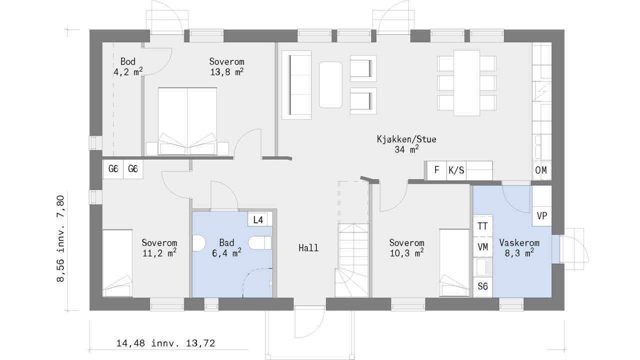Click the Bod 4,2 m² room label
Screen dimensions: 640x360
128,67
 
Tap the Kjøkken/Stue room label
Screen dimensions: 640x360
406,144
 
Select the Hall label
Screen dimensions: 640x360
308,247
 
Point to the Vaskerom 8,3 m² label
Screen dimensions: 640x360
519,247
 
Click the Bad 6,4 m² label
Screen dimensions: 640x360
226,247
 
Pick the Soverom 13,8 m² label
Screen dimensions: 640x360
226,67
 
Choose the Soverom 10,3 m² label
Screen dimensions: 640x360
406,247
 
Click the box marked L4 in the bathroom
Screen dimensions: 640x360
258,219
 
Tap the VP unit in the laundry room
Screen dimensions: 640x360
541,216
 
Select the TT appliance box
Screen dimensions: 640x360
483,226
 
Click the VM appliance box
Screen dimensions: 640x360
483,247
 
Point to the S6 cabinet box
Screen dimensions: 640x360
483,286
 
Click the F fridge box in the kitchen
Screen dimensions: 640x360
436,170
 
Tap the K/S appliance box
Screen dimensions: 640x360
456,170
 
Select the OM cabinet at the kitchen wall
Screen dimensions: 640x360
541,170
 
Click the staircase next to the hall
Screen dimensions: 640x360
353,260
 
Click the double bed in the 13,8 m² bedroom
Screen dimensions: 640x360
187,121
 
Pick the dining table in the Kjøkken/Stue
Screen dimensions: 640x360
466,83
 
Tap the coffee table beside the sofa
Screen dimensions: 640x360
330,85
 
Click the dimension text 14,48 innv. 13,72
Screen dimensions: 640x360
165,343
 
